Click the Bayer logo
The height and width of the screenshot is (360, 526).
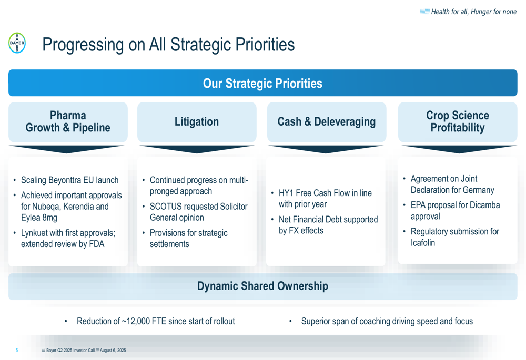point(17,43)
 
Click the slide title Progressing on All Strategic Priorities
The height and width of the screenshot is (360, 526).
point(168,45)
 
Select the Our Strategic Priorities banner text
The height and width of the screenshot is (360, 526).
point(262,84)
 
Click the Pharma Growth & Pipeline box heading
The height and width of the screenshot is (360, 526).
point(68,121)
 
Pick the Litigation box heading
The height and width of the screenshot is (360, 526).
point(197,121)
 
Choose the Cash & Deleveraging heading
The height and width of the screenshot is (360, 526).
point(327,121)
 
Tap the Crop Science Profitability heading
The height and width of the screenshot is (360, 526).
point(458,121)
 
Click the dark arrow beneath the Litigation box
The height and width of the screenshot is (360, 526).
point(197,149)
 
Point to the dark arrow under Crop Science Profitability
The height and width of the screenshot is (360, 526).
point(458,149)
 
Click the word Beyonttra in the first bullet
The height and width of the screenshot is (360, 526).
point(64,180)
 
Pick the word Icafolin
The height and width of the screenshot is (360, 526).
point(423,243)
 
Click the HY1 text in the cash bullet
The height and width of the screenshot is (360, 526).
point(286,193)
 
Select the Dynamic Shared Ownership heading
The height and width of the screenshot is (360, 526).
point(262,286)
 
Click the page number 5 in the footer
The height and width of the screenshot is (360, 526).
point(17,351)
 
